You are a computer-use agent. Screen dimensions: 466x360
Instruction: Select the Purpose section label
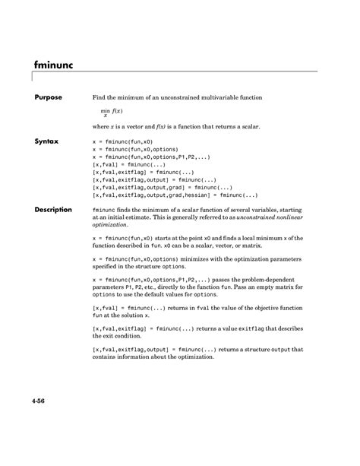point(48,98)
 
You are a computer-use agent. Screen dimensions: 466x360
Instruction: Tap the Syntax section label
point(46,141)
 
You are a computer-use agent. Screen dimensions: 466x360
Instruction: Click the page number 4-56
point(42,400)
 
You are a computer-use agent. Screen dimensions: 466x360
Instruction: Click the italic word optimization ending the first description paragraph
point(110,226)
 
